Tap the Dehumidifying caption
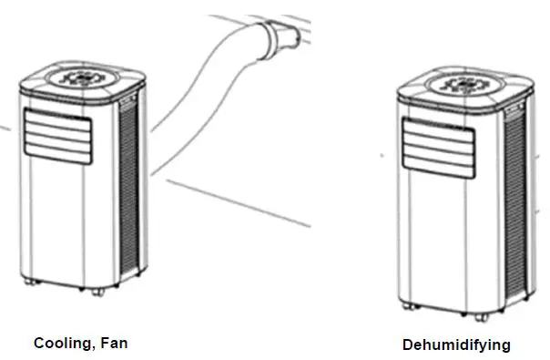(x=456, y=345)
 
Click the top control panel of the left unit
(x=87, y=78)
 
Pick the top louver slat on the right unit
(x=437, y=126)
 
